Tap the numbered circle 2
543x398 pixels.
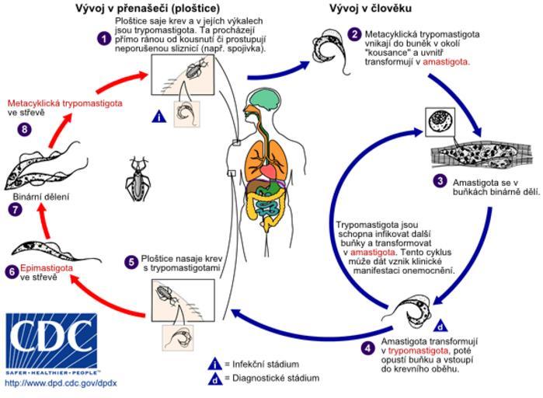pos(354,35)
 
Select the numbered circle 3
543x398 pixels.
pos(440,181)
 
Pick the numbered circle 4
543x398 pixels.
pos(367,347)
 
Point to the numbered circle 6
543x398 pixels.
pos(10,271)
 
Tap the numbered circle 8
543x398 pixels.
pos(26,129)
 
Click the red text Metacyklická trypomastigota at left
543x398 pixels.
pos(59,103)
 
